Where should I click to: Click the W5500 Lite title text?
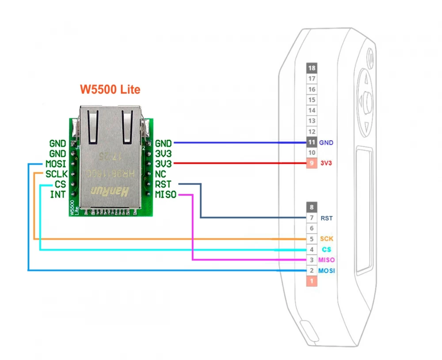tap(110, 90)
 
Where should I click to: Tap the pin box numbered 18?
tap(312, 68)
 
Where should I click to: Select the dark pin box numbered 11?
tap(312, 142)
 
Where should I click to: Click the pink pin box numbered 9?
tap(312, 163)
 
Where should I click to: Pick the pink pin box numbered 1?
tap(312, 281)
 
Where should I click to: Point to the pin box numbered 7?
tap(312, 218)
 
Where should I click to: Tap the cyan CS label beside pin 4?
tap(326, 250)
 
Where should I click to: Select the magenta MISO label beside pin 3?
tap(327, 260)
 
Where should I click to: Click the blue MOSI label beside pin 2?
tap(327, 271)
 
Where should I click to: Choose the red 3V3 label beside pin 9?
tap(326, 163)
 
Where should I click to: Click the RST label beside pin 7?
tap(327, 218)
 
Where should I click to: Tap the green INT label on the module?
tap(58, 194)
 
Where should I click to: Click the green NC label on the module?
tap(160, 174)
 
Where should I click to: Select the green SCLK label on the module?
tap(56, 174)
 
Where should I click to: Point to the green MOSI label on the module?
tap(56, 164)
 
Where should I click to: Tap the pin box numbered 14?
tap(312, 110)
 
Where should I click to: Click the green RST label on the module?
tap(164, 184)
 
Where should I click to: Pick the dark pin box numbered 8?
tap(312, 207)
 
